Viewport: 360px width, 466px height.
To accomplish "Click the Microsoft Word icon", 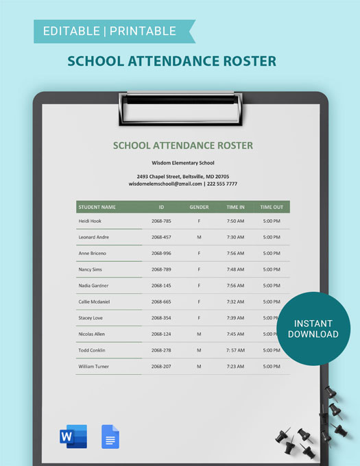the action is [x=73, y=437].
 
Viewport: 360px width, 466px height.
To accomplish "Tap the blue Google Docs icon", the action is [x=110, y=437].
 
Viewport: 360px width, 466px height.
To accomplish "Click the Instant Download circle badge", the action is [x=313, y=329].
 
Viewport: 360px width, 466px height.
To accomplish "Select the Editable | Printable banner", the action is [x=110, y=31].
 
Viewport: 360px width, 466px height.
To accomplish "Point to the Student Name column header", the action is [x=97, y=207].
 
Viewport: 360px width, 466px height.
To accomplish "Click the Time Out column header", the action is [x=272, y=207].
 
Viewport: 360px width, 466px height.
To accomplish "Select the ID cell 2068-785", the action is [x=161, y=221].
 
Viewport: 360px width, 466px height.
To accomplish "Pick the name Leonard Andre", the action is [x=94, y=237].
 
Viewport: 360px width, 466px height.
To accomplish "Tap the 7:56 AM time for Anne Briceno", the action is [x=235, y=254].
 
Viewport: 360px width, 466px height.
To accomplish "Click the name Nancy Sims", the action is [x=91, y=269].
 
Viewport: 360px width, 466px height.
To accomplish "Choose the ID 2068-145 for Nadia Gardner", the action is [x=161, y=286].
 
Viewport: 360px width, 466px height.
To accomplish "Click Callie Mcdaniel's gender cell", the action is [x=199, y=302].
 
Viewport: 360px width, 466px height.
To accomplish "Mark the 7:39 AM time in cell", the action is [x=235, y=318].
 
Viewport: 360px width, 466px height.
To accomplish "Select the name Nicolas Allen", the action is [x=93, y=334].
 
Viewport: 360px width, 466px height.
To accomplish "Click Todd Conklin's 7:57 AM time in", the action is [x=235, y=350].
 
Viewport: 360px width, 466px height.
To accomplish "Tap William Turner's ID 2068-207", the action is [x=161, y=366].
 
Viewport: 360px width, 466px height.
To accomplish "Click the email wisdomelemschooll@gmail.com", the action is [x=165, y=184].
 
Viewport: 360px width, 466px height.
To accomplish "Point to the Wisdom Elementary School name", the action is [x=183, y=163].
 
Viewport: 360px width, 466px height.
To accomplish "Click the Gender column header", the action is [x=199, y=207].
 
